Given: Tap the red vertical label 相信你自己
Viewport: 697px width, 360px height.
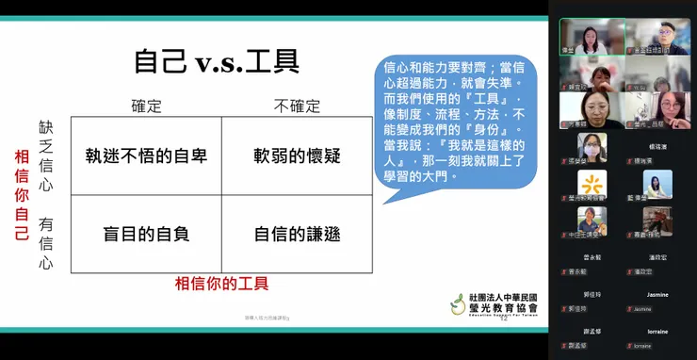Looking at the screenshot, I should (x=22, y=194).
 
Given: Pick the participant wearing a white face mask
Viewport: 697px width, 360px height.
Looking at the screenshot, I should (x=592, y=148).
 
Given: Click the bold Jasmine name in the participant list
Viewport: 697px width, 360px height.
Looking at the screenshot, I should (x=657, y=294).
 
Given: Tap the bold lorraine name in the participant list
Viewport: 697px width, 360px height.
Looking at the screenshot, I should (x=657, y=331).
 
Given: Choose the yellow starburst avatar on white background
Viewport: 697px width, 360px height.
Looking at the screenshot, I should (x=592, y=184).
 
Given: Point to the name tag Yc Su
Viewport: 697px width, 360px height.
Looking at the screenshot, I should (x=640, y=87).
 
